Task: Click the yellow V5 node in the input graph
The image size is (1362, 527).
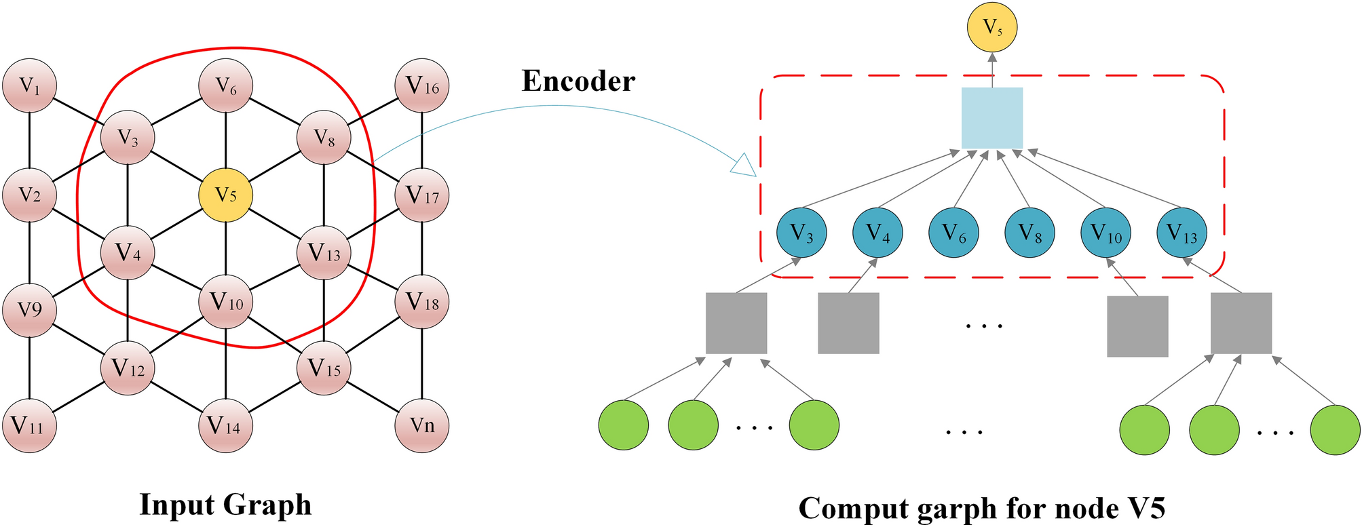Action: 225,195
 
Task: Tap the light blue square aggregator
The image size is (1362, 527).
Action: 991,118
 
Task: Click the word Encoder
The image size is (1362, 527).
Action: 578,81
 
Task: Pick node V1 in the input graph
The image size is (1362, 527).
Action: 29,86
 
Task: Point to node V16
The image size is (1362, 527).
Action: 421,86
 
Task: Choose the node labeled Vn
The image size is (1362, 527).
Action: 421,426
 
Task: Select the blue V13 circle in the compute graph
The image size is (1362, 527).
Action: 1181,233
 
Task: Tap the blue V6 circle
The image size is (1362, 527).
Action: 953,233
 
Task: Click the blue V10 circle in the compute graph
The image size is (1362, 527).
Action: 1105,233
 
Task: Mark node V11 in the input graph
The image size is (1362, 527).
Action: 29,426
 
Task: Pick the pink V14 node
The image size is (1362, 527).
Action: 225,426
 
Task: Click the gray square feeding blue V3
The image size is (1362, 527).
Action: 736,323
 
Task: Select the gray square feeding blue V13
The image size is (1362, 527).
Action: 1241,323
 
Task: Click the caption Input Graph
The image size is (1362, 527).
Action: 225,505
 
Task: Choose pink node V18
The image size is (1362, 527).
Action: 421,302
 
